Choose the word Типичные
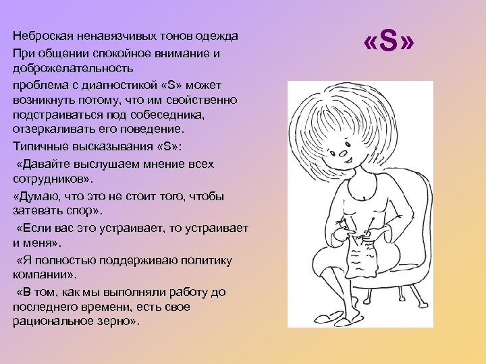click(40, 146)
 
